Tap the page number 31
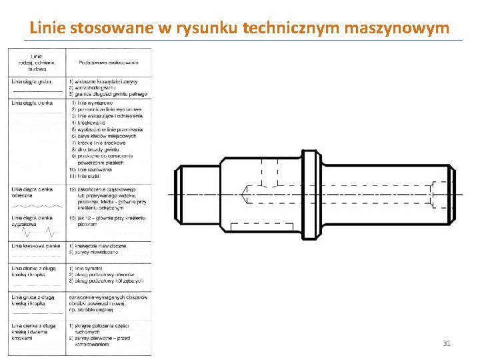tap(447, 343)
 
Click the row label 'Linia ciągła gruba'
tap(31, 82)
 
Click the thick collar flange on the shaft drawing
tap(310, 194)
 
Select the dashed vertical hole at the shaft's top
tap(269, 173)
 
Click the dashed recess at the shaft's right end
tap(439, 194)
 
